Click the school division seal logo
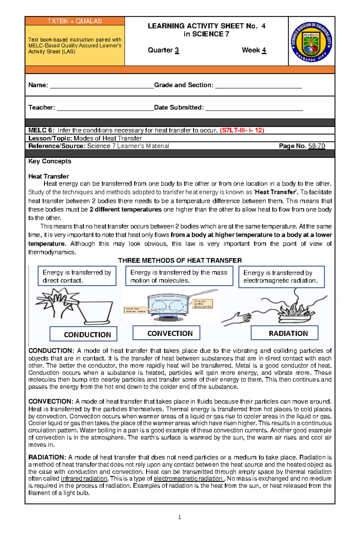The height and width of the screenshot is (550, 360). tap(311, 42)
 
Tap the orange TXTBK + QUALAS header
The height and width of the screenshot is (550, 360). tap(75, 21)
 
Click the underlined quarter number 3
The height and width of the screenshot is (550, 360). tap(177, 50)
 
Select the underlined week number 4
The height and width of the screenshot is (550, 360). tap(264, 50)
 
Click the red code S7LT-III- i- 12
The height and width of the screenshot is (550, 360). tap(242, 130)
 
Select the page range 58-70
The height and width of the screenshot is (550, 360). tap(316, 146)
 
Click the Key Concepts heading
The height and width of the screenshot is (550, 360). tap(50, 161)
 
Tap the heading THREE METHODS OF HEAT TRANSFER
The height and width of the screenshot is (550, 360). tap(180, 260)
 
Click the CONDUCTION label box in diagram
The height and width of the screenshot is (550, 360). tap(83, 334)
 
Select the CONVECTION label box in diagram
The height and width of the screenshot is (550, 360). tap(166, 333)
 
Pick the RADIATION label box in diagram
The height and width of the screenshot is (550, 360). tap(284, 333)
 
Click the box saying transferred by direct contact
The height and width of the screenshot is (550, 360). tap(77, 276)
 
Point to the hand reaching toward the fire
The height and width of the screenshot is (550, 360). tap(237, 318)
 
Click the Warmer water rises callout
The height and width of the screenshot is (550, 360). tap(135, 310)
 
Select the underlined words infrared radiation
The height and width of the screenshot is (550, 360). tap(84, 479)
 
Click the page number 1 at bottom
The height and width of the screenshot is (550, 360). tap(179, 517)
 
